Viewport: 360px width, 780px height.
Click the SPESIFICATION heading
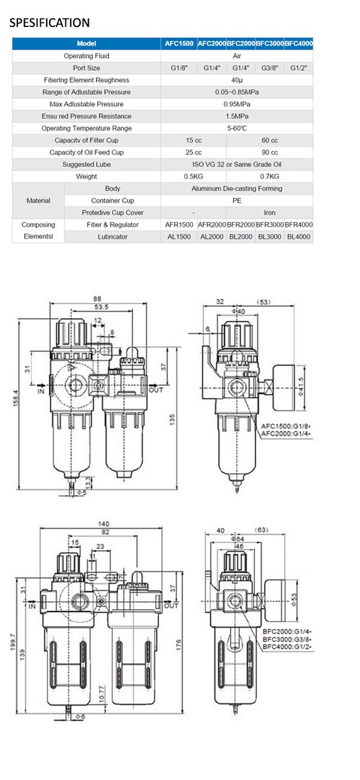pos(49,23)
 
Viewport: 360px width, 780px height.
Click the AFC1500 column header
pos(179,44)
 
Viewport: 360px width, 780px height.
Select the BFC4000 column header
pos(299,44)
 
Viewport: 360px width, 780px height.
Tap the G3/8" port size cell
pos(269,68)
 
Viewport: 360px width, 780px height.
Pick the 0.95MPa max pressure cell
pos(236,104)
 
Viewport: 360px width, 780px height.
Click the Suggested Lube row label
pos(86,164)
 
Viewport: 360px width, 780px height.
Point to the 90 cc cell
pos(269,152)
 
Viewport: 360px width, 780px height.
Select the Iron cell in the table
pos(269,212)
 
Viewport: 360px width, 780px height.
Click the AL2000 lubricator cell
pos(211,237)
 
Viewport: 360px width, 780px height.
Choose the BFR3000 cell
pos(269,224)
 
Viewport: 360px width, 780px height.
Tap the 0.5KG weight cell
pos(193,176)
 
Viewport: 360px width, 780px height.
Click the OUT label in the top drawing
pos(156,390)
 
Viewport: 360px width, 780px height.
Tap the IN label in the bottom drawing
pos(32,606)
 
